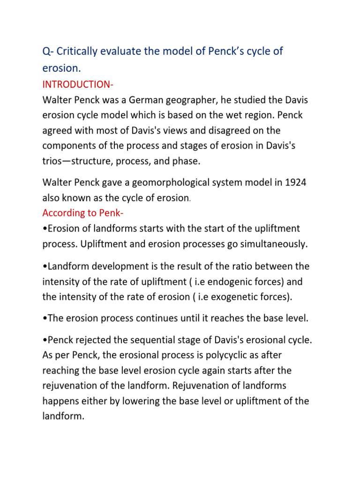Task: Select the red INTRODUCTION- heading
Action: [x=78, y=84]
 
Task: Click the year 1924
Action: [x=293, y=182]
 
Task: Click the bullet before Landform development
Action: [x=44, y=266]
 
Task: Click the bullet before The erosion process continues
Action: [x=44, y=319]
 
